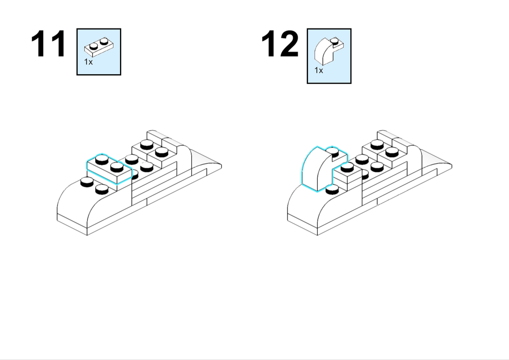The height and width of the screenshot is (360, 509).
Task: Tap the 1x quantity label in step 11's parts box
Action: pos(88,62)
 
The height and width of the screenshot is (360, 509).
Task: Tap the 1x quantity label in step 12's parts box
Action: pos(319,70)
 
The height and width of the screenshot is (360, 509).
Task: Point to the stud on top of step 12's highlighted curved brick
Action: pos(332,151)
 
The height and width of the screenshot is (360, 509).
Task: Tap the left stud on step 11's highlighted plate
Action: pos(102,159)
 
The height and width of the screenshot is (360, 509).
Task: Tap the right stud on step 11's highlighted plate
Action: pos(117,167)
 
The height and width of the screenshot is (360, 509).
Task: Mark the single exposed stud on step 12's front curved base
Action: pos(331,189)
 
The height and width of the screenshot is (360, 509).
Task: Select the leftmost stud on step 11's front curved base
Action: pos(87,182)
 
